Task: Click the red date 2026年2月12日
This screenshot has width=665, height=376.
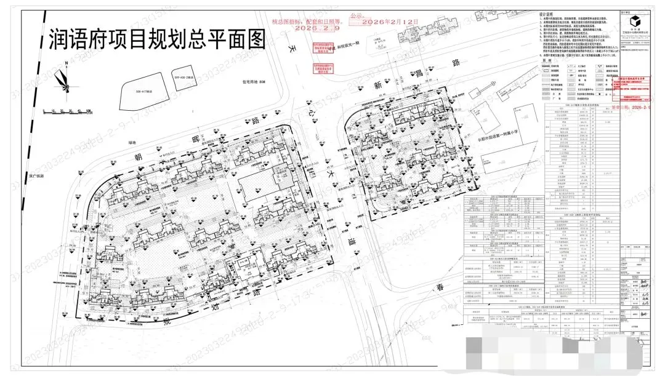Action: pyautogui.click(x=390, y=23)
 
